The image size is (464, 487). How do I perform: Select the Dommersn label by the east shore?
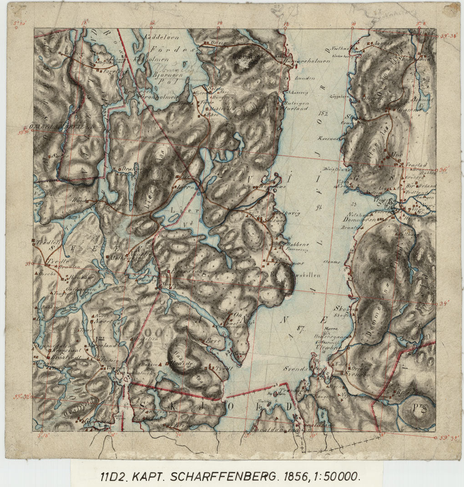click(358, 219)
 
